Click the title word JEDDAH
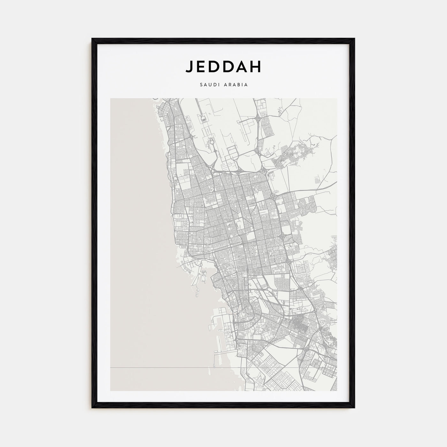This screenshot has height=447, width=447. pyautogui.click(x=223, y=66)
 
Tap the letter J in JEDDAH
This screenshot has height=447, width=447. pyautogui.click(x=189, y=66)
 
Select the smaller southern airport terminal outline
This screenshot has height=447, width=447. pyautogui.click(x=211, y=140)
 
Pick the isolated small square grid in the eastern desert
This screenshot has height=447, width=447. pyautogui.click(x=317, y=181)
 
